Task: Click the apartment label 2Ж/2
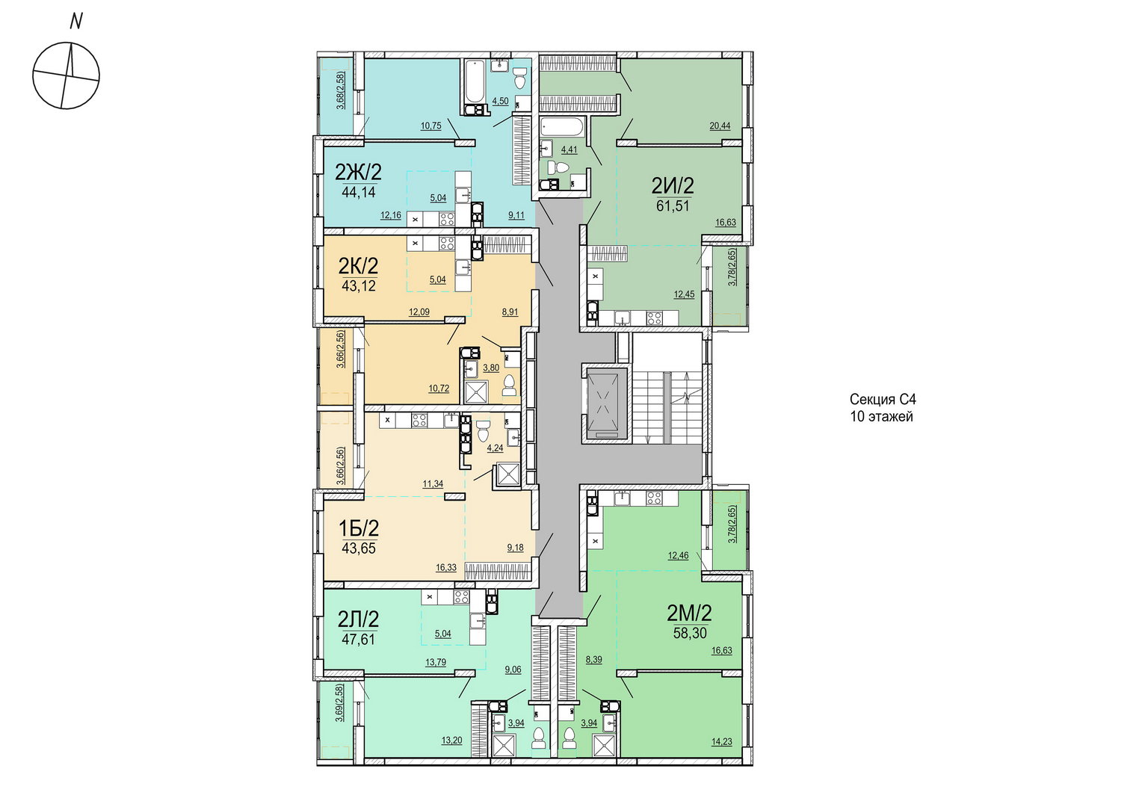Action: (358, 173)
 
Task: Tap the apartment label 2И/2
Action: (673, 185)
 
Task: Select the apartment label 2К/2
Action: (359, 266)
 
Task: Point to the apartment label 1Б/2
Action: (359, 529)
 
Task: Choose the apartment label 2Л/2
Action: (359, 619)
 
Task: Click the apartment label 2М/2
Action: (689, 613)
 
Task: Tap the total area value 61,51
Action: (673, 206)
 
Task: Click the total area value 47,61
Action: (359, 640)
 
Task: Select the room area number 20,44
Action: (720, 126)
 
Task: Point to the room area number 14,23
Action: (721, 742)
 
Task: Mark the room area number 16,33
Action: (446, 568)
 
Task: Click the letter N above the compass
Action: (76, 22)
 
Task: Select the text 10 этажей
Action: (881, 416)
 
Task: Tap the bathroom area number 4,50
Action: (500, 101)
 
